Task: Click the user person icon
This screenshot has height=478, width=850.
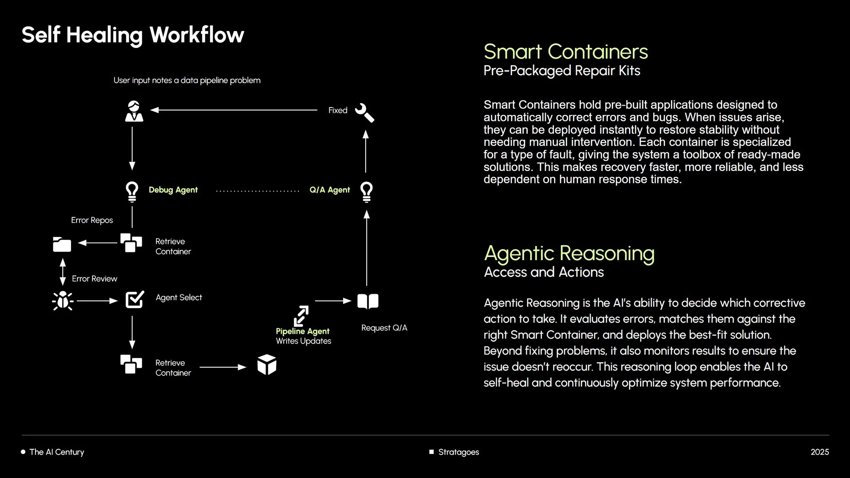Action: [x=134, y=111]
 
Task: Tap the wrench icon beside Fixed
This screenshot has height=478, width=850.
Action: [x=364, y=113]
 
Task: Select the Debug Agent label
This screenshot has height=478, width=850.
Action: [x=173, y=190]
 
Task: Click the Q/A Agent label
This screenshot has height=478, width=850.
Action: [x=329, y=190]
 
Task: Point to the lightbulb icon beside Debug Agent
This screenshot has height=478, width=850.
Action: [x=132, y=192]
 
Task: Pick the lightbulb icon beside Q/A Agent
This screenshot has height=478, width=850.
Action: [x=367, y=192]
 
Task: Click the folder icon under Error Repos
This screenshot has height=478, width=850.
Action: [x=62, y=244]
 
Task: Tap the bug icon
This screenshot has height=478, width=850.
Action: [x=63, y=301]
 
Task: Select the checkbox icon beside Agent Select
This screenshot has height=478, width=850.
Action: [x=135, y=300]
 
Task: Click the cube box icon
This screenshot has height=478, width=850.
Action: [x=267, y=364]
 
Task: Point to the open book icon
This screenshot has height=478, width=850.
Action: [x=368, y=301]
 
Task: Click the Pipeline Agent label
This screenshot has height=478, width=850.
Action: [x=303, y=331]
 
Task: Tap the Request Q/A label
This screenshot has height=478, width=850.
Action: [x=384, y=328]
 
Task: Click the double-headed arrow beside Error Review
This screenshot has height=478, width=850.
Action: [x=63, y=272]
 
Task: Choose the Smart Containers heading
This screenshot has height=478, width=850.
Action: [x=566, y=52]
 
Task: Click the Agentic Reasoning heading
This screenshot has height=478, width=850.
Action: [x=569, y=253]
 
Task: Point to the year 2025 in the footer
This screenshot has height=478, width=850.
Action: [x=819, y=452]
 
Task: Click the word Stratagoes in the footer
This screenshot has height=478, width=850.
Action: [x=458, y=452]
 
